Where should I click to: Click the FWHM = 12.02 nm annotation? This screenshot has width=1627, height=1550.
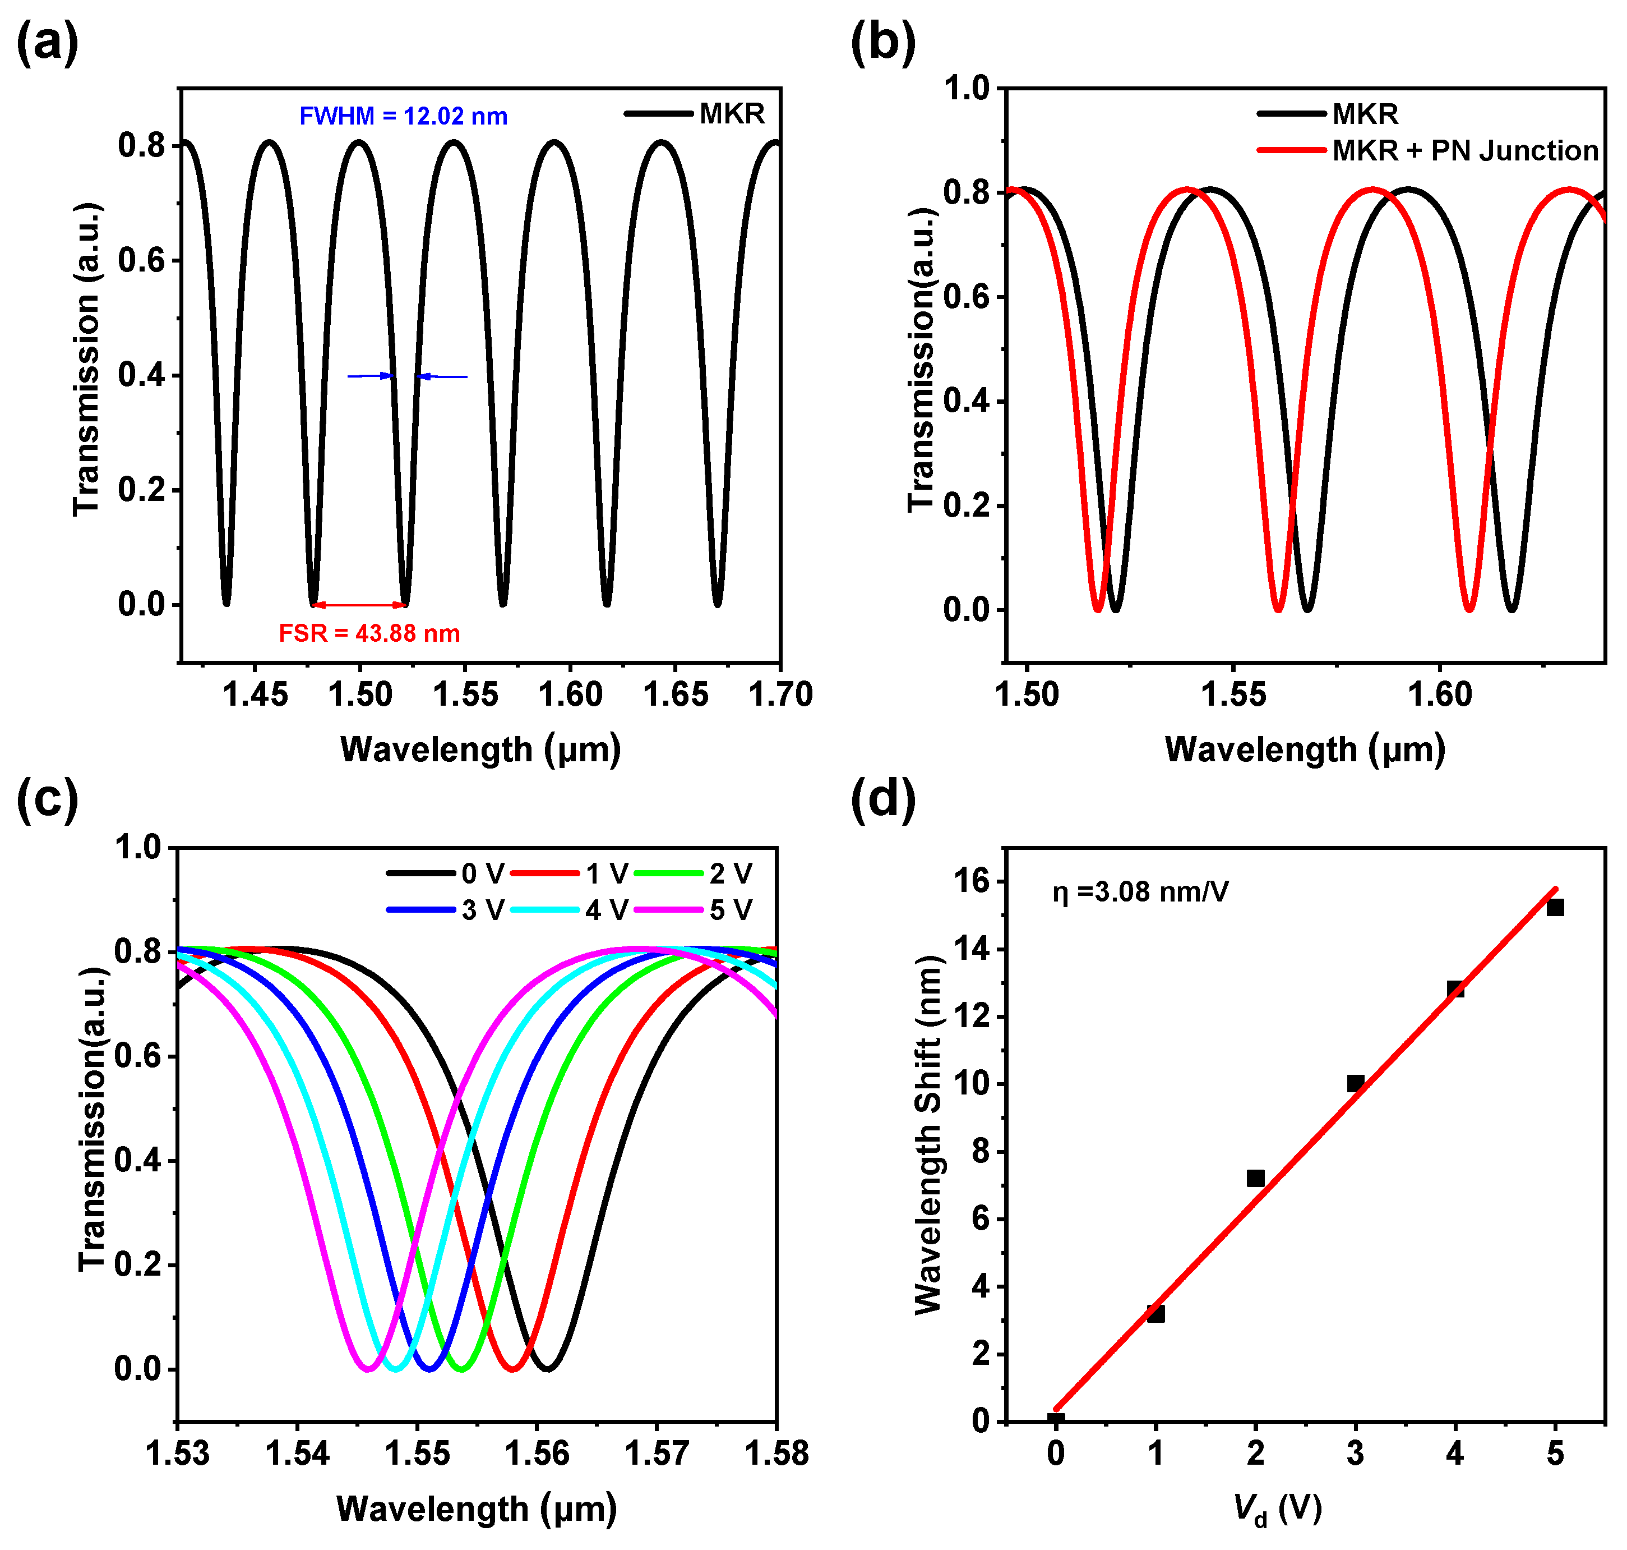(x=403, y=117)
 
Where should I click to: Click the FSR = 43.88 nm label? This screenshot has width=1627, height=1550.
(x=368, y=634)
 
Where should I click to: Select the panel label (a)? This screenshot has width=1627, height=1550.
(x=47, y=43)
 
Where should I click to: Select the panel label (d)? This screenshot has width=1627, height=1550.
(x=883, y=800)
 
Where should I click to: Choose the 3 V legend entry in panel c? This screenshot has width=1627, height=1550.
(x=482, y=910)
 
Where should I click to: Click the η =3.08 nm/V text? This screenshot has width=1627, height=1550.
(x=1140, y=893)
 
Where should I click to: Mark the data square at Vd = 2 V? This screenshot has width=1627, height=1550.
(x=1255, y=1178)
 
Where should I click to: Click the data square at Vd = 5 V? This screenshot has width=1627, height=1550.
(x=1555, y=907)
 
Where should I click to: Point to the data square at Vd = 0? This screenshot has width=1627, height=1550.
(x=1056, y=1421)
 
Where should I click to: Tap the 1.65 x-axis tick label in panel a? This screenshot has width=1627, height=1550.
(x=676, y=695)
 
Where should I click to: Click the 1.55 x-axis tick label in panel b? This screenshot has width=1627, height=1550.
(x=1232, y=695)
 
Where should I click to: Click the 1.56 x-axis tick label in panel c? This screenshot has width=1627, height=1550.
(x=537, y=1454)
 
